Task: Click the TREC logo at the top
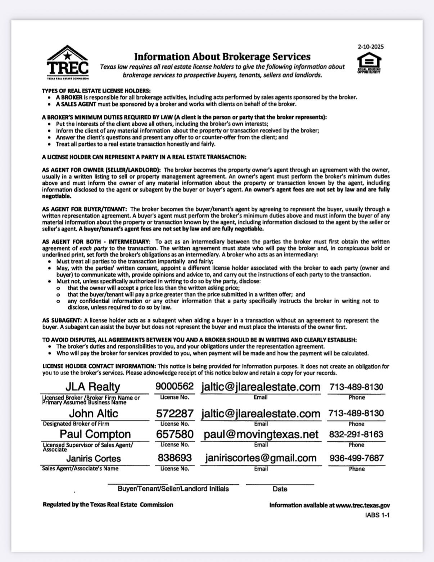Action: point(68,62)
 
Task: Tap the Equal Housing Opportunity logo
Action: point(369,63)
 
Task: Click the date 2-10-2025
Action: point(370,46)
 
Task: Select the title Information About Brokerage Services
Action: point(222,57)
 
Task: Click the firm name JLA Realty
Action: point(92,387)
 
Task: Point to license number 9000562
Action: point(175,386)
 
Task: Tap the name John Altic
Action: point(94,413)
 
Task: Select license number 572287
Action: point(175,414)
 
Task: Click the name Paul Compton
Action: point(95,434)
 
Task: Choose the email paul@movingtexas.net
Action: point(261,435)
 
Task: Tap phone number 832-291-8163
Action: point(356,434)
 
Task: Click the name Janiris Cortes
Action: point(94,458)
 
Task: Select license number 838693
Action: point(175,458)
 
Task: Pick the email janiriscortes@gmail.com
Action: point(261,458)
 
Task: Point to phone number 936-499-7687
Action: point(356,458)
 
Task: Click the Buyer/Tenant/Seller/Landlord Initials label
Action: point(173,489)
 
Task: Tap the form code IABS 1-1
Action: point(377,515)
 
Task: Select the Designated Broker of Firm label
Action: point(76,424)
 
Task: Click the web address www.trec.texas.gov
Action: point(363,505)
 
